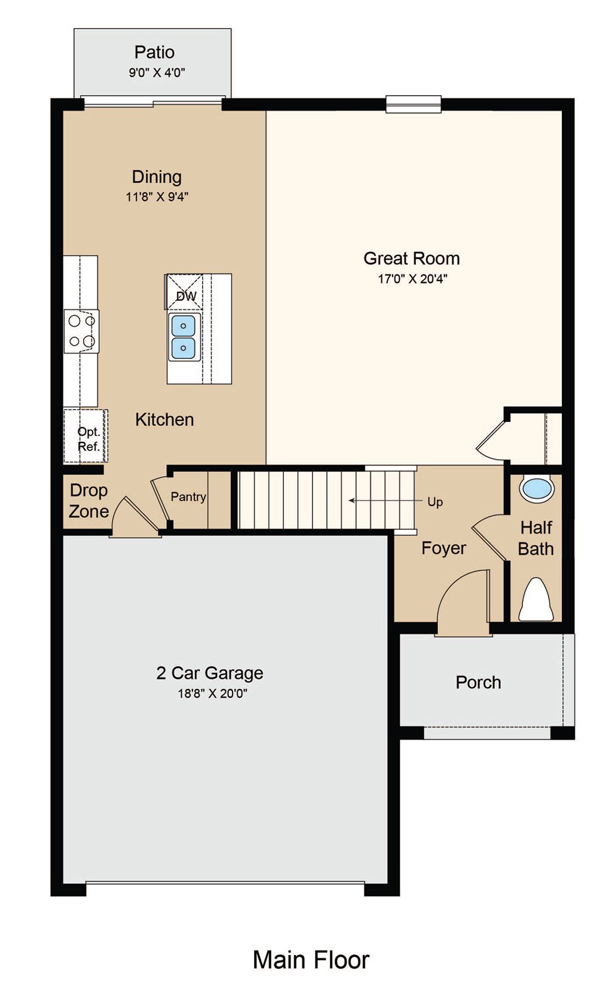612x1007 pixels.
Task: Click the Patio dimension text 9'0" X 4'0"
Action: coord(157,72)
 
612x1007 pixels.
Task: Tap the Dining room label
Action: coord(157,176)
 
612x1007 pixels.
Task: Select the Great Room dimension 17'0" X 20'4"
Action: coord(412,279)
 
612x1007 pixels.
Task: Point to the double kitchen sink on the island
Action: coord(183,337)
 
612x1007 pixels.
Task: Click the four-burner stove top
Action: coord(81,331)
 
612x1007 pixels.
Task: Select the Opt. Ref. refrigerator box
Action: coord(85,435)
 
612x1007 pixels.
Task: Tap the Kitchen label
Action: coord(164,419)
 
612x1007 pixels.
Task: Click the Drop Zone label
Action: coord(88,501)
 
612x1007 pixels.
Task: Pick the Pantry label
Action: coord(188,497)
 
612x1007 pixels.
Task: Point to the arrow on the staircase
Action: coord(385,501)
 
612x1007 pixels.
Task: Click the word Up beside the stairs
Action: coord(435,502)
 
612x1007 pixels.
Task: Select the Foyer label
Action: coord(443,548)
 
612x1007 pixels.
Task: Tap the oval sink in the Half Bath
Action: coord(537,490)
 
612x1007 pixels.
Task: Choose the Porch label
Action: coord(478,682)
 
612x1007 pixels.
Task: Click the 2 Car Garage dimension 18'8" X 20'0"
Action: coord(213,693)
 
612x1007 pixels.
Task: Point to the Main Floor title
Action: coord(311,960)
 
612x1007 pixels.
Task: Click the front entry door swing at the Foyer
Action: coord(463,602)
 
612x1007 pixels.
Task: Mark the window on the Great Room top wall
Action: coord(414,104)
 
